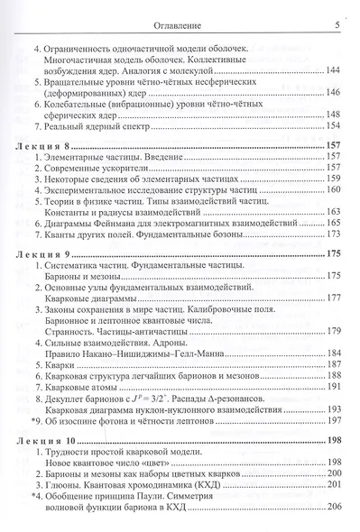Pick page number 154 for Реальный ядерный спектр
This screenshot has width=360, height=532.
click(x=329, y=128)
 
